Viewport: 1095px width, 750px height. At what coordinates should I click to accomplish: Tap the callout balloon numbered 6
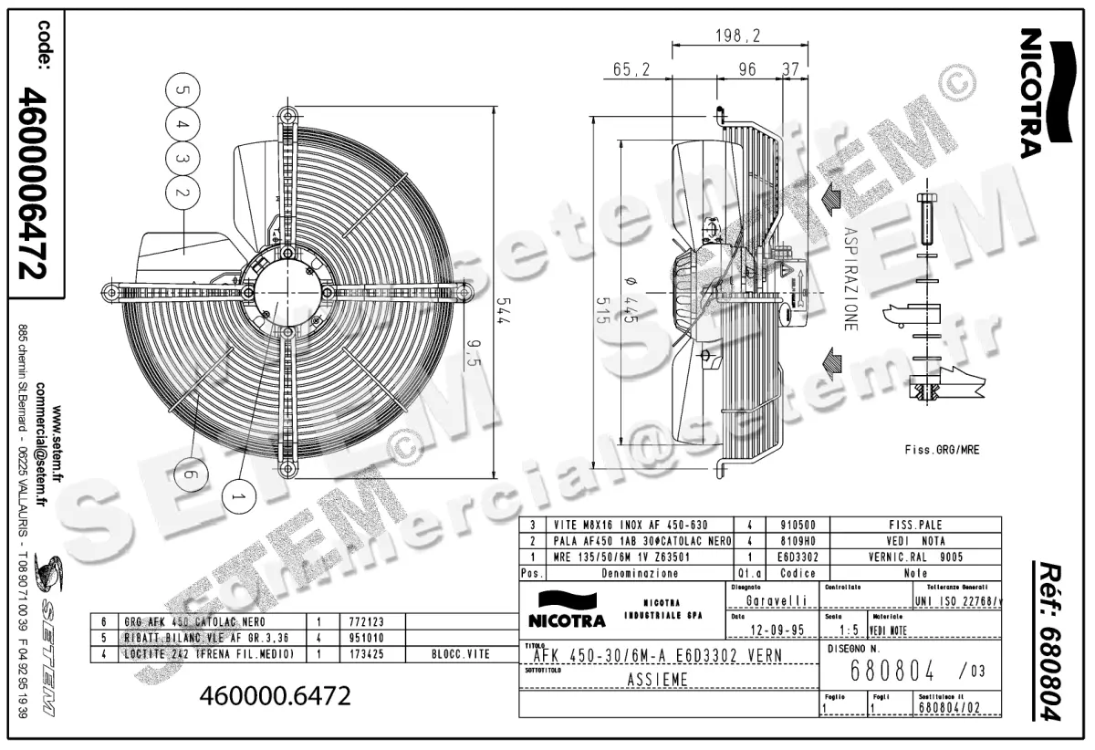(190, 474)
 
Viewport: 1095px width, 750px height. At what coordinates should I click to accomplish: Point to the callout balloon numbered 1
(240, 496)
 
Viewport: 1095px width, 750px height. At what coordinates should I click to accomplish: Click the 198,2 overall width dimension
(737, 36)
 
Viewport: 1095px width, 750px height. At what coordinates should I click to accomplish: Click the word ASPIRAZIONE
(850, 278)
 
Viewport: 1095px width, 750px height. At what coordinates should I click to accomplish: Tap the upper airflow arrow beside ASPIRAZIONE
(831, 197)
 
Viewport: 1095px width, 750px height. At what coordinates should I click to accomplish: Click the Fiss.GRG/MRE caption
(942, 450)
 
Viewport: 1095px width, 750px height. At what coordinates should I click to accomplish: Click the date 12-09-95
(777, 630)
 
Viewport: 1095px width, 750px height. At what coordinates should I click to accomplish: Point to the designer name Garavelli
(777, 601)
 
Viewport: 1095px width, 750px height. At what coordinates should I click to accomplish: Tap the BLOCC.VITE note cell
(461, 654)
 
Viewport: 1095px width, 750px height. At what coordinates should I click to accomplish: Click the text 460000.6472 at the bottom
(275, 696)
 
